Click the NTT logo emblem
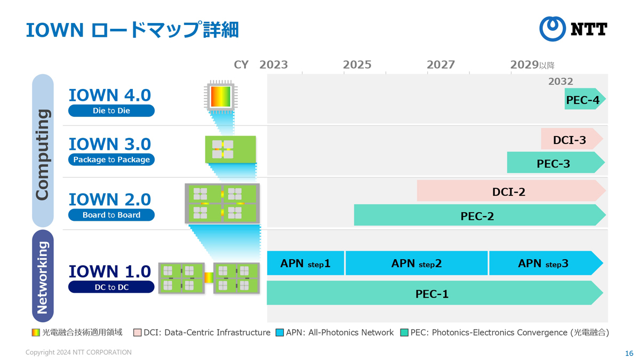coord(553,29)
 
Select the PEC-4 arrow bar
coord(585,99)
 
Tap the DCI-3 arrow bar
coord(572,139)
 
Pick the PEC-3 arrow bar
coord(556,162)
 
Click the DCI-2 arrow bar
coord(511,190)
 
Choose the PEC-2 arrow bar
coord(479,215)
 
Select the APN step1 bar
coord(306,263)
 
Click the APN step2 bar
coord(417,263)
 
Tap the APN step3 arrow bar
coord(546,263)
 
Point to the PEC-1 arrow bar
coord(435,293)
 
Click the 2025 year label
coord(357,65)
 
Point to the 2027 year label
coord(441,65)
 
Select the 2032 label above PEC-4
coord(561,82)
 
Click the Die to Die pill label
coord(111,110)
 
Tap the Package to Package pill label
coord(111,159)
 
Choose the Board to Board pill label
coord(111,215)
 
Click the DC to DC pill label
coord(111,287)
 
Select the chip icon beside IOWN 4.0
coord(221,97)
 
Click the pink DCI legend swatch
coord(138,333)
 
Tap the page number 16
coord(629,353)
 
